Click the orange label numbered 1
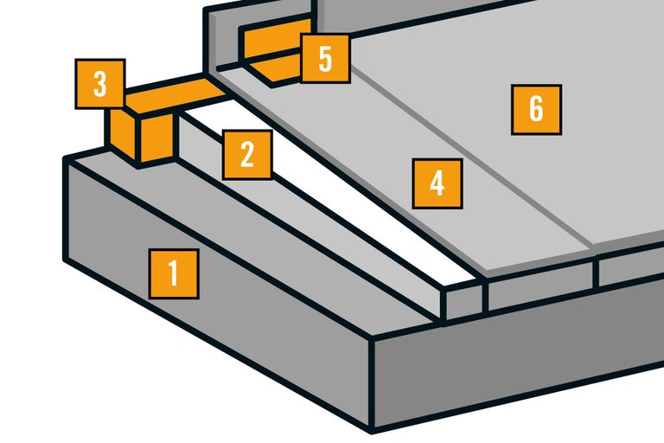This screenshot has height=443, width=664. pyautogui.click(x=174, y=274)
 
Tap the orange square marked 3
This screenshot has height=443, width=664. pyautogui.click(x=100, y=84)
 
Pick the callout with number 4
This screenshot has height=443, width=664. pyautogui.click(x=437, y=183)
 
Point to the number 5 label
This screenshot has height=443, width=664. pyautogui.click(x=325, y=59)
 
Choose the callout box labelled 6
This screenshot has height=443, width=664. pyautogui.click(x=536, y=109)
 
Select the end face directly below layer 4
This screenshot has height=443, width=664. pyautogui.click(x=540, y=286)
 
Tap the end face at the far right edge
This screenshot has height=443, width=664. pyautogui.click(x=631, y=271)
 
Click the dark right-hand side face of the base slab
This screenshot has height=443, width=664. pyautogui.click(x=519, y=363)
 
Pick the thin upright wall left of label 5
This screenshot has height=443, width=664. pyautogui.click(x=220, y=35)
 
